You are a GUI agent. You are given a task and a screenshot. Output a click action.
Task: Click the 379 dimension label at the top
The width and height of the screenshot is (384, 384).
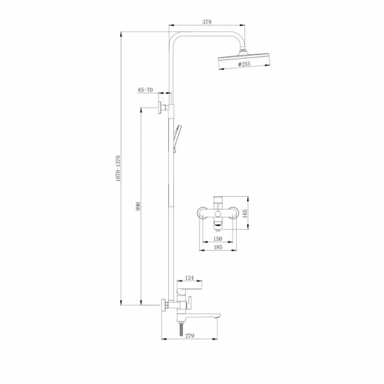207,22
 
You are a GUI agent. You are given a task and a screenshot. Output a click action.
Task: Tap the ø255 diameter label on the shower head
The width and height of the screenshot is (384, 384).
244,64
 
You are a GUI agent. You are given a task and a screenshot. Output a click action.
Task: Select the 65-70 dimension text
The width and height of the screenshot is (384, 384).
145,90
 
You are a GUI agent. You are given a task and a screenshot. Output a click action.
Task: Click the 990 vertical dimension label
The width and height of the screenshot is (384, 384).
138,207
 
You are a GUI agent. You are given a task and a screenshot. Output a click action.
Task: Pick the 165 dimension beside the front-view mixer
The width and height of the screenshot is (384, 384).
245,212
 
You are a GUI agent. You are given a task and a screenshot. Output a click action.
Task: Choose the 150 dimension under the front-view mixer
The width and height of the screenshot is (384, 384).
217,237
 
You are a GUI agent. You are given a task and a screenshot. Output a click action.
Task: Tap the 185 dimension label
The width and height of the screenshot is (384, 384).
217,247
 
